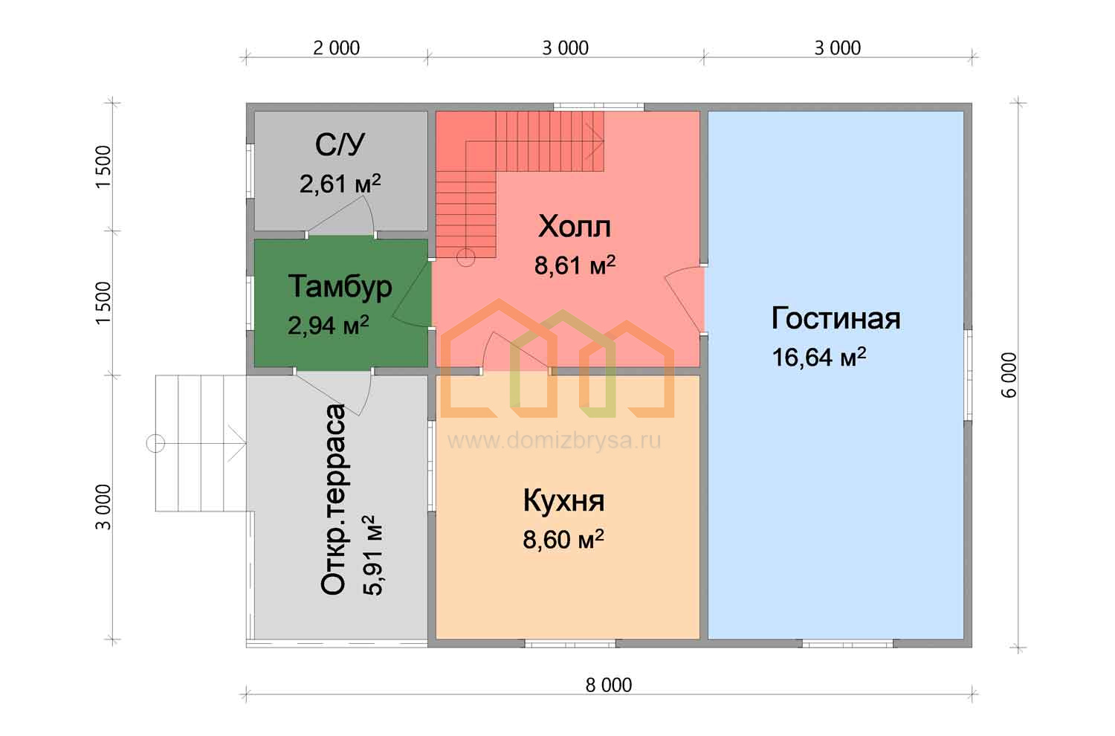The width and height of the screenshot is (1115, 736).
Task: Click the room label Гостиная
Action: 836,318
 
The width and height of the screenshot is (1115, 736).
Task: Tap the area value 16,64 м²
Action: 819,357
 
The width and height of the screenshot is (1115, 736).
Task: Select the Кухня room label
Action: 563,500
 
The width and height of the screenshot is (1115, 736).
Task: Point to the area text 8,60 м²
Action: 563,539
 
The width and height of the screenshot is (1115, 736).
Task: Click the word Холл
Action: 575,227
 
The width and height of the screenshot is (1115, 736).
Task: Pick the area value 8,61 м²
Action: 575,265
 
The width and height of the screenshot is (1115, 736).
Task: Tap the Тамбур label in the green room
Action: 340,287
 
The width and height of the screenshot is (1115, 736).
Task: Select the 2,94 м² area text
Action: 328,325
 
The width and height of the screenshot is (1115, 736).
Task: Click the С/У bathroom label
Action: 340,144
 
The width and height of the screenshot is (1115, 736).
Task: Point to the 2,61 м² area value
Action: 340,183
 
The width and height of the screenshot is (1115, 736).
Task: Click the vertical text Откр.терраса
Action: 333,500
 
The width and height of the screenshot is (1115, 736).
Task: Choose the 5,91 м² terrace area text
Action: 372,555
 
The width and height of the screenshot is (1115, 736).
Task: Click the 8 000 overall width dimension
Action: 608,685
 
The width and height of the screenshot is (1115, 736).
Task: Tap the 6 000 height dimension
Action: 1009,375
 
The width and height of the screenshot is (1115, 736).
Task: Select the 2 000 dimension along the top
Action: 336,48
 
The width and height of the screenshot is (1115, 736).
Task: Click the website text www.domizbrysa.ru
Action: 554,440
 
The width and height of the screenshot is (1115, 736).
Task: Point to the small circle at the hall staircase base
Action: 466,257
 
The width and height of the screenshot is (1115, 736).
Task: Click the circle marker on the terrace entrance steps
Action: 156,443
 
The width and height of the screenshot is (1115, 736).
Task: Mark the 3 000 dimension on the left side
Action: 103,507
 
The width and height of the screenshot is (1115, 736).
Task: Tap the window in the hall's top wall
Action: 599,106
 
